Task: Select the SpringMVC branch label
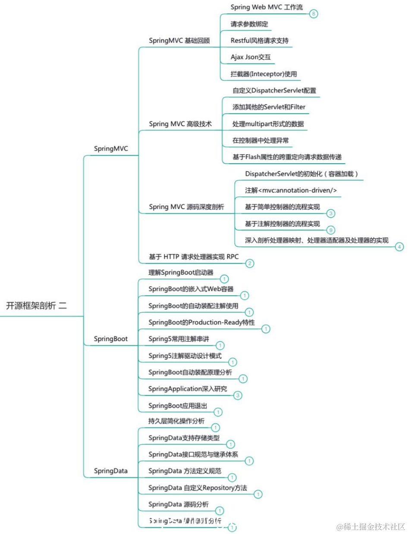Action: pyautogui.click(x=111, y=149)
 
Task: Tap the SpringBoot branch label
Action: pyautogui.click(x=111, y=339)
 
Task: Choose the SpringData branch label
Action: pyautogui.click(x=111, y=471)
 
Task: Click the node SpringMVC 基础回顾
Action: pyautogui.click(x=179, y=41)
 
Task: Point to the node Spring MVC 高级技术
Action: pyautogui.click(x=180, y=124)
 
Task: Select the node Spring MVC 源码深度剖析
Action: pyautogui.click(x=186, y=207)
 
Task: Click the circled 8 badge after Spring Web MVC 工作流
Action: pyautogui.click(x=314, y=14)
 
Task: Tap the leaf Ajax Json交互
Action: pyautogui.click(x=251, y=57)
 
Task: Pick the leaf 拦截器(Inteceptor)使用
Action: pyautogui.click(x=264, y=74)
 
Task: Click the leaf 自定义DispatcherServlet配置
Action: pyautogui.click(x=274, y=91)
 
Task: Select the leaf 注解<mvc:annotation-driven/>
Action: pyautogui.click(x=291, y=190)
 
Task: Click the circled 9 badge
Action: pyautogui.click(x=331, y=230)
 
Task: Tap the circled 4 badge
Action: pyautogui.click(x=400, y=246)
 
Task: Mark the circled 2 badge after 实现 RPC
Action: pyautogui.click(x=250, y=263)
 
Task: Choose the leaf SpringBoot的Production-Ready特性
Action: pyautogui.click(x=201, y=322)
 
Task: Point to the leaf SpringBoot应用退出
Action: pyautogui.click(x=178, y=406)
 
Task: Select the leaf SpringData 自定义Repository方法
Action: pyautogui.click(x=198, y=488)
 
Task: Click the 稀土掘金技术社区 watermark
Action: pyautogui.click(x=370, y=527)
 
